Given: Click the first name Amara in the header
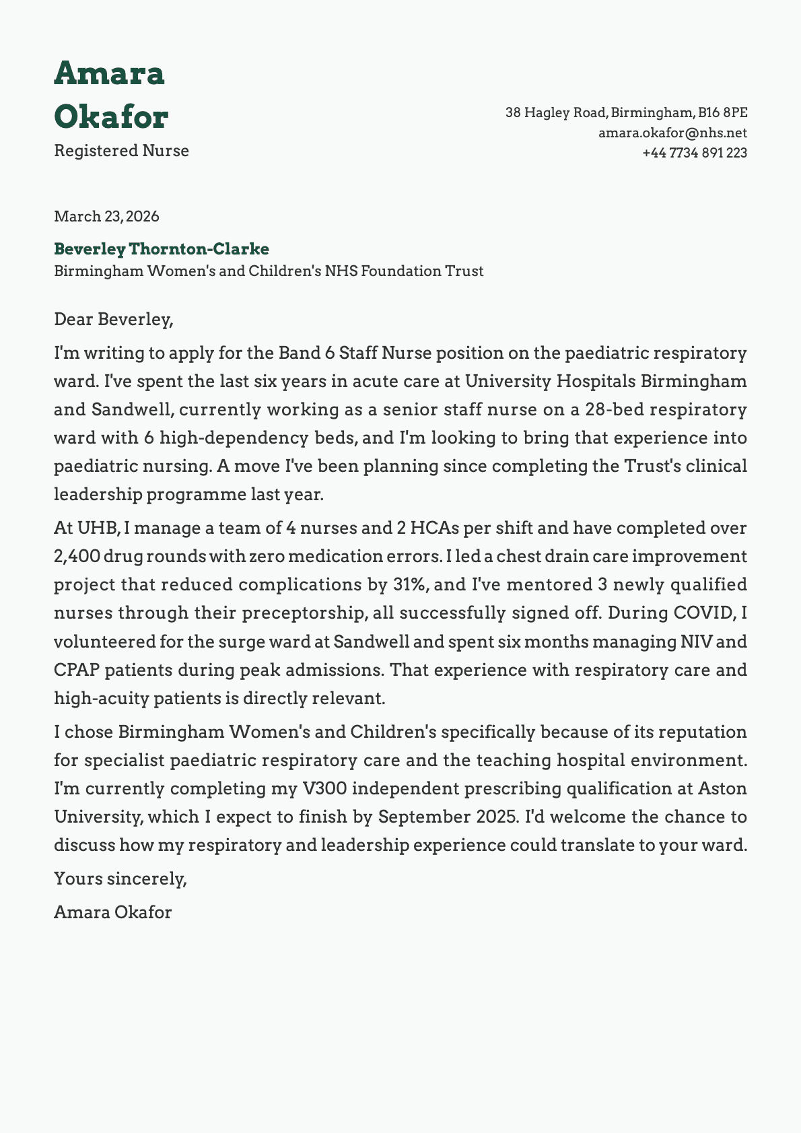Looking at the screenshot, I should point(109,73).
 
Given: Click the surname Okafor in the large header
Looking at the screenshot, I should point(111,117).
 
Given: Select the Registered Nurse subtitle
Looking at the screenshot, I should point(121,151).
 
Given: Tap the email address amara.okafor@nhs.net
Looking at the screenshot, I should point(672,133).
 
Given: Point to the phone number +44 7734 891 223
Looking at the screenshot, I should point(695,153).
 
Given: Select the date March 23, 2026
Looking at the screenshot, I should point(106,217).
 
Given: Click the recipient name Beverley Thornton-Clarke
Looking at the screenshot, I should point(162,249).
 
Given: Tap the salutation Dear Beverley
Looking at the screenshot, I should point(113,319).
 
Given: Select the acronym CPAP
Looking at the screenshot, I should point(76,671).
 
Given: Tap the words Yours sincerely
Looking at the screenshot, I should point(120,879).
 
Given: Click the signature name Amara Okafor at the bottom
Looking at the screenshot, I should point(112,913).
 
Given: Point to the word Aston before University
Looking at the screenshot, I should point(722,788).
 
